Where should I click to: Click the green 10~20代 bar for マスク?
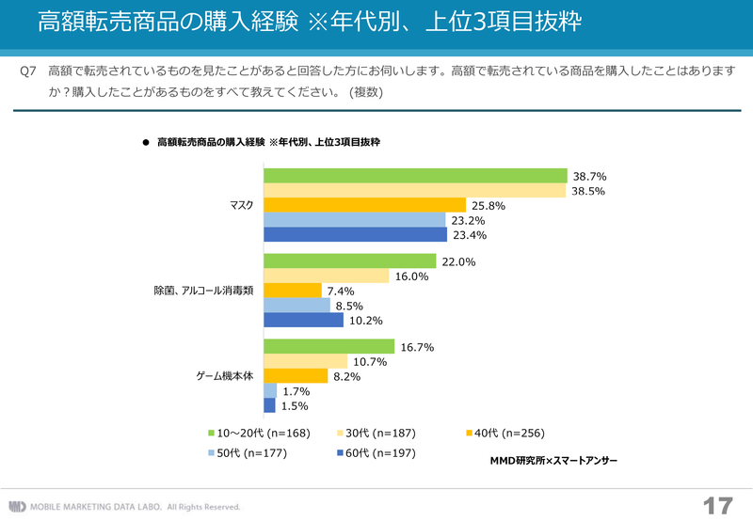(415, 176)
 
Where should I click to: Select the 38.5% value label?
(589, 191)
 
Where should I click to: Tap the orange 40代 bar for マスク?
(364, 205)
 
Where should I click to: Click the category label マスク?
(242, 205)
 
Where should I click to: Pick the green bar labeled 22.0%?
(349, 261)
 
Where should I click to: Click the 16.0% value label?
(411, 276)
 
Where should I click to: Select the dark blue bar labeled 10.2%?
(303, 320)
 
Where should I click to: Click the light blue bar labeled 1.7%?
(269, 390)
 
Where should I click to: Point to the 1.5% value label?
(295, 405)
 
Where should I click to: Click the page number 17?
(717, 505)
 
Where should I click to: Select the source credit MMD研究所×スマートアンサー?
(553, 462)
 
